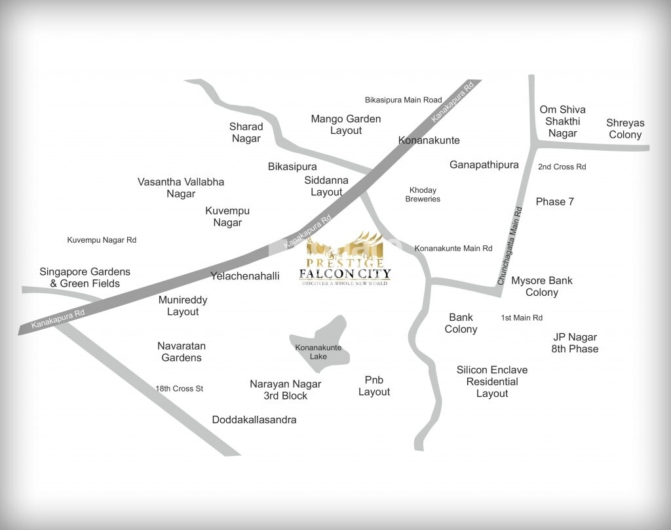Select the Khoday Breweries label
[423, 194]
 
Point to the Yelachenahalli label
[244, 276]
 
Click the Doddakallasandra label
[254, 420]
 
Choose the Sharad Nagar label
[246, 132]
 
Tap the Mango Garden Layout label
[346, 125]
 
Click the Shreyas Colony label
[625, 129]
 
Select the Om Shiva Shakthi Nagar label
[562, 121]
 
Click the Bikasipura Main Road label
[404, 100]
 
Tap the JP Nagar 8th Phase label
[575, 343]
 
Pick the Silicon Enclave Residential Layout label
[492, 382]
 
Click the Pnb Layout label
[374, 386]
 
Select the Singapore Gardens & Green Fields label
[85, 277]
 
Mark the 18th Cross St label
[179, 388]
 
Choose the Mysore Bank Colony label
[542, 286]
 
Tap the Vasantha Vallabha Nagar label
[181, 188]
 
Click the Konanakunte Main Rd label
[453, 249]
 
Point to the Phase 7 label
[554, 201]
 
